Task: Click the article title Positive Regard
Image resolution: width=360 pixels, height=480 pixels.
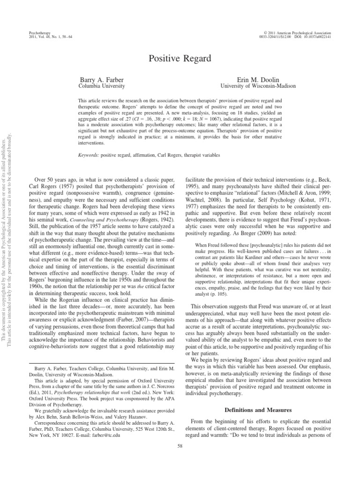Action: pos(180,59)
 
